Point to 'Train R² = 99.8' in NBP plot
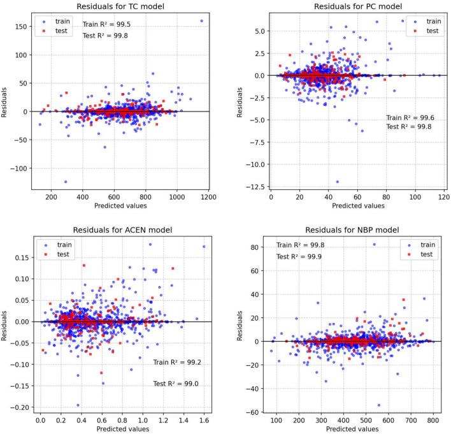[x=299, y=245]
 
